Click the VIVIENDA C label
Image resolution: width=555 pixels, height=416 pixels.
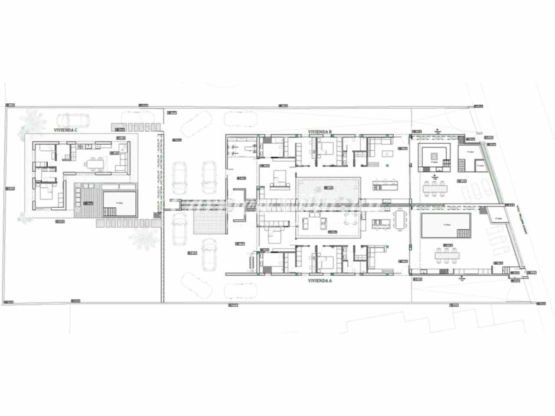65,130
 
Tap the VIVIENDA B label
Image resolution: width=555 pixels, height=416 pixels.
320,131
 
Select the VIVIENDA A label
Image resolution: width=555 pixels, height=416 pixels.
320,281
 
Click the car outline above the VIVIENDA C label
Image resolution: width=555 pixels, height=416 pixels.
72,119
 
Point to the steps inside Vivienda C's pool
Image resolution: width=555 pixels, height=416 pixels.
109,211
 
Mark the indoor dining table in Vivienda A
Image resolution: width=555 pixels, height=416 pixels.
399,221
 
